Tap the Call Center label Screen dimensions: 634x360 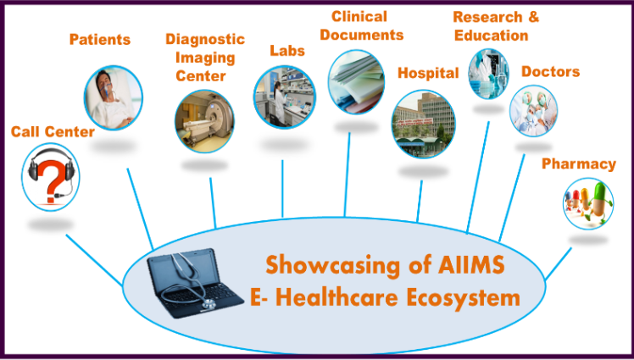[53, 131]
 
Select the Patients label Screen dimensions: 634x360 [100, 39]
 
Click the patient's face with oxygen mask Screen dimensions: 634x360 [104, 82]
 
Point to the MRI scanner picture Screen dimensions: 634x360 [204, 121]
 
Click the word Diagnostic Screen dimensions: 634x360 [205, 39]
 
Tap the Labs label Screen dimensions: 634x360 [287, 51]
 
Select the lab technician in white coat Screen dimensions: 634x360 [279, 101]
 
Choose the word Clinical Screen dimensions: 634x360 [359, 17]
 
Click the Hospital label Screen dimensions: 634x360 [428, 73]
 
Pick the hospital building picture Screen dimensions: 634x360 [423, 124]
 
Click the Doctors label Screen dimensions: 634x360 [550, 71]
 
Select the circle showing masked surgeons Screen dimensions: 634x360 [533, 110]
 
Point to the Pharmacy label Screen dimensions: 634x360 [579, 164]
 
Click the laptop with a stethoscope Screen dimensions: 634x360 [194, 283]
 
